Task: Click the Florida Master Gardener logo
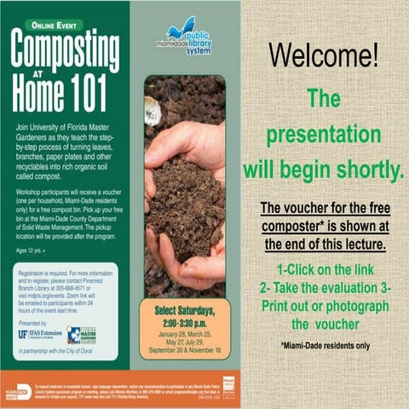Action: pyautogui.click(x=82, y=335)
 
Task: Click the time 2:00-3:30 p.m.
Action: pyautogui.click(x=184, y=325)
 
